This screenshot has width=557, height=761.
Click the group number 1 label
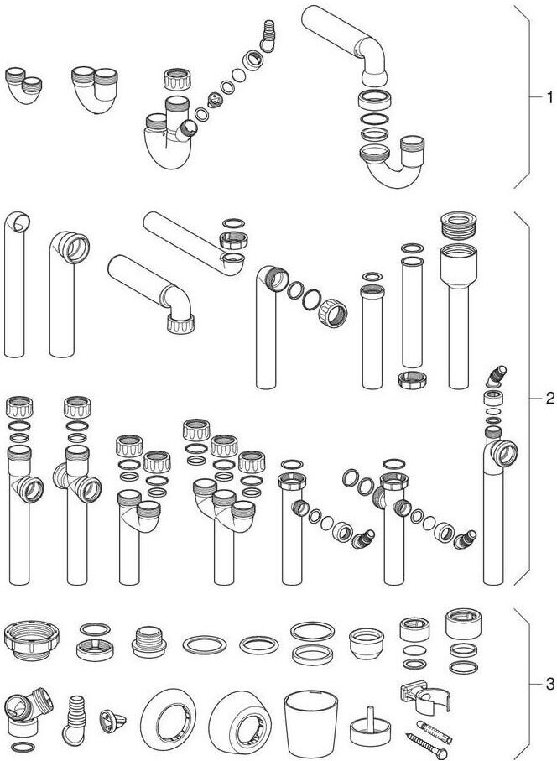(x=549, y=97)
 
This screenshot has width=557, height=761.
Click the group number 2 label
(x=549, y=399)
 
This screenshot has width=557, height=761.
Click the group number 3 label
(x=549, y=685)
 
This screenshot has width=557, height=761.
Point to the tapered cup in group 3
(x=310, y=723)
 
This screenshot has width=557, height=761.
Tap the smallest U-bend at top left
(x=23, y=86)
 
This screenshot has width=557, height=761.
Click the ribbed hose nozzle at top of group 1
(x=267, y=36)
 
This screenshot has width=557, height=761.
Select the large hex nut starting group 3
(x=32, y=639)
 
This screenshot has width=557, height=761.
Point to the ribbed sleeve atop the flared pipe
(x=459, y=225)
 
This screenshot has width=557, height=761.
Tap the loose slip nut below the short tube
(x=413, y=379)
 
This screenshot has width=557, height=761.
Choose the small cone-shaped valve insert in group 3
(x=112, y=721)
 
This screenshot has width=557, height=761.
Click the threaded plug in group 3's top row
(x=149, y=641)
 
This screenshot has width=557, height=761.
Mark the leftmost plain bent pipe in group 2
(x=15, y=285)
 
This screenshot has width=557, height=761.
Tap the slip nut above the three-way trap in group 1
(x=177, y=80)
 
